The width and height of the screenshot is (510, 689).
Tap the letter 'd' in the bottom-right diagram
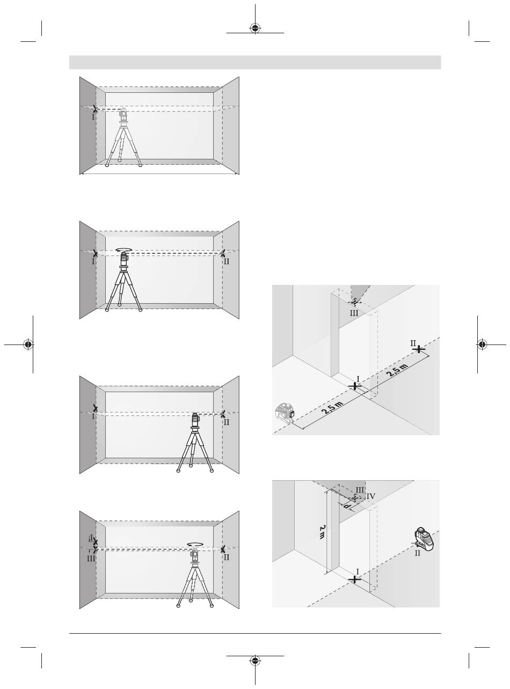[x=347, y=507]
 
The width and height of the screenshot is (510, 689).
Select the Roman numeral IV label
[x=371, y=496]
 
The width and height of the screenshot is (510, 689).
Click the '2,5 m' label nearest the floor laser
[x=332, y=408]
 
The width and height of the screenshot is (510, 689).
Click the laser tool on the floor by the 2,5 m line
[x=285, y=414]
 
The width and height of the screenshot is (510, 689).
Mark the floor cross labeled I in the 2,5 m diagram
[x=355, y=386]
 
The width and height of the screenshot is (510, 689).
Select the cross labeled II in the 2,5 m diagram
[x=419, y=349]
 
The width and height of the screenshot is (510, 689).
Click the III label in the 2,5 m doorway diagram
[x=354, y=313]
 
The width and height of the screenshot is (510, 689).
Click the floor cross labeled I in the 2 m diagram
[x=354, y=580]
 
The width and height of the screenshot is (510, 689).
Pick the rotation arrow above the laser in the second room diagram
[x=124, y=249]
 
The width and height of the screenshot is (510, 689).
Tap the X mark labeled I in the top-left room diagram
[x=95, y=109]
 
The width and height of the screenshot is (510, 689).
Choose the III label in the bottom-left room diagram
[x=91, y=558]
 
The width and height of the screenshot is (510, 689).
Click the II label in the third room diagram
[x=226, y=422]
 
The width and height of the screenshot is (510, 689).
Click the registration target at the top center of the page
[x=255, y=28]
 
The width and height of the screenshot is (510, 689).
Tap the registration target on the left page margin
[x=28, y=344]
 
